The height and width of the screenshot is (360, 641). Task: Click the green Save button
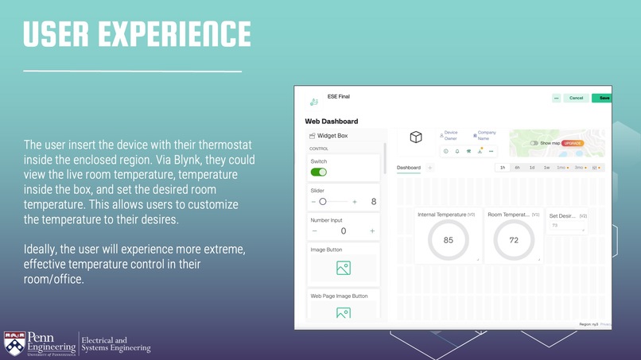click(604, 98)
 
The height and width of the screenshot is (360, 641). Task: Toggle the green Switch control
click(318, 172)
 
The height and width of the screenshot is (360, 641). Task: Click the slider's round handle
click(322, 202)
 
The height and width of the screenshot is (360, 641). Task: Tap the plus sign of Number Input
click(372, 231)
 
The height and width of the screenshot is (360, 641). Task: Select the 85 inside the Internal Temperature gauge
click(448, 240)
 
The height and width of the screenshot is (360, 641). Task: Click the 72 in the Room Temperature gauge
click(514, 240)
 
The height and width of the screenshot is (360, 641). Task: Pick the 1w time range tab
click(546, 168)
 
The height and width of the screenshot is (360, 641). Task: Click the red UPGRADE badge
click(573, 143)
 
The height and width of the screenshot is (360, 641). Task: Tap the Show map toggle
click(534, 143)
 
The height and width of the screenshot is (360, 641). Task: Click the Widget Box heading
click(332, 136)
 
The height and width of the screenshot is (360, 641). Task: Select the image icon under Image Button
click(343, 268)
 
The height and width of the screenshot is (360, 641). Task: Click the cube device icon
click(415, 137)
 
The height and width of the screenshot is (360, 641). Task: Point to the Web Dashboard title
click(331, 122)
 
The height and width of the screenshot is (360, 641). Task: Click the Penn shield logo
click(14, 343)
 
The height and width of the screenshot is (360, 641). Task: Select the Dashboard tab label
click(409, 168)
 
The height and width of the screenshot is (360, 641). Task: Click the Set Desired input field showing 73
click(566, 226)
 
